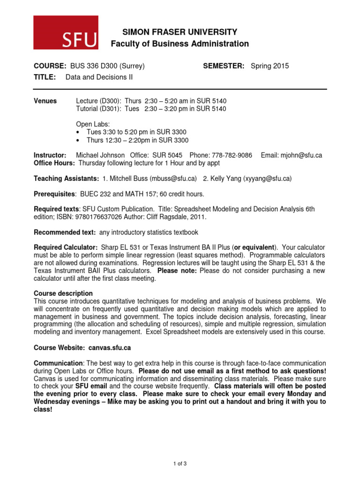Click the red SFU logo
[66, 32]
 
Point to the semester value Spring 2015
[270, 66]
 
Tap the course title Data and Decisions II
[99, 77]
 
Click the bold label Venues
[45, 101]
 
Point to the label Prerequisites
[54, 194]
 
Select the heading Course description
[60, 293]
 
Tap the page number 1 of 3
[180, 464]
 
